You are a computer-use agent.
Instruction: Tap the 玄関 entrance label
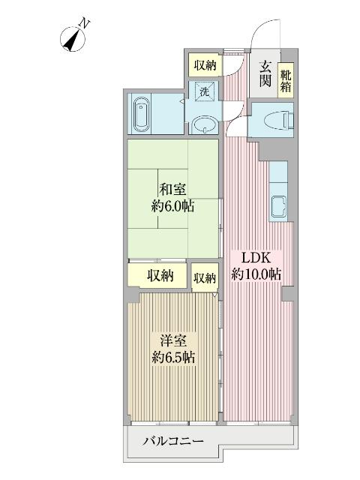[265, 73]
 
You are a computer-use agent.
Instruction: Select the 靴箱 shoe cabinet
[286, 80]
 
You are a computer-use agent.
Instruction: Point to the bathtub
[142, 114]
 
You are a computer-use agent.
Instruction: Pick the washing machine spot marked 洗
[205, 91]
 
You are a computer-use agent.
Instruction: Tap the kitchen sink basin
[278, 207]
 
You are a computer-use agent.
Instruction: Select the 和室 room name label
[172, 190]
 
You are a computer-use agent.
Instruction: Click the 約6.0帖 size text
[172, 206]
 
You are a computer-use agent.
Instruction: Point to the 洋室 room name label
[173, 340]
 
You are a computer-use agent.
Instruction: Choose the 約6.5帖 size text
[173, 357]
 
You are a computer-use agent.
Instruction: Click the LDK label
[256, 258]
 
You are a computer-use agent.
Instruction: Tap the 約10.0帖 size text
[256, 274]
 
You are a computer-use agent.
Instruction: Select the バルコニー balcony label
[173, 442]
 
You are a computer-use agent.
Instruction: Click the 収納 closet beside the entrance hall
[205, 65]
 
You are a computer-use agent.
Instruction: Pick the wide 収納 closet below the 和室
[157, 275]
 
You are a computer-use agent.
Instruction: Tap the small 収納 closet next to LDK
[205, 278]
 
